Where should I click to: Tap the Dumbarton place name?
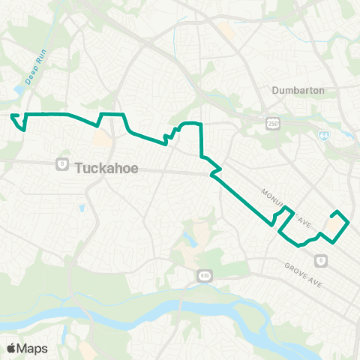point(298,90)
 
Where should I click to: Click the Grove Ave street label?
point(303,269)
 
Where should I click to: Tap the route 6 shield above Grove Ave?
point(322,261)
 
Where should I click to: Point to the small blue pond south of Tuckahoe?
point(80,208)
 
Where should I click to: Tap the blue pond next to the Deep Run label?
point(18,91)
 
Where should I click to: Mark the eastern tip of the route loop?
point(349,222)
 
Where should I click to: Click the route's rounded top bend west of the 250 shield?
point(191,122)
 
